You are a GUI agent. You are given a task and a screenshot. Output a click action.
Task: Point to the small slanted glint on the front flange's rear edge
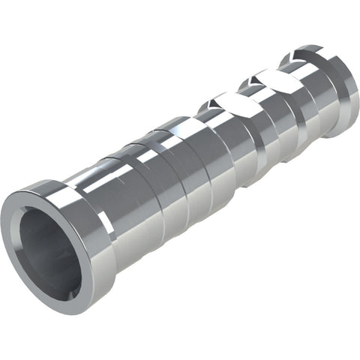pos(106,225)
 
